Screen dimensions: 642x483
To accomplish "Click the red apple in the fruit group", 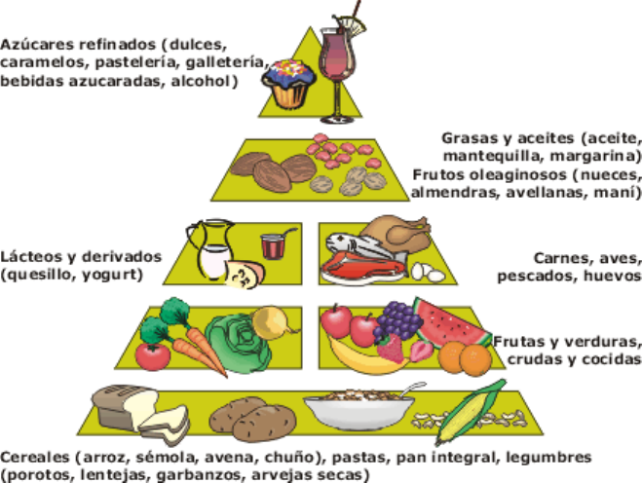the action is click(x=336, y=321).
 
